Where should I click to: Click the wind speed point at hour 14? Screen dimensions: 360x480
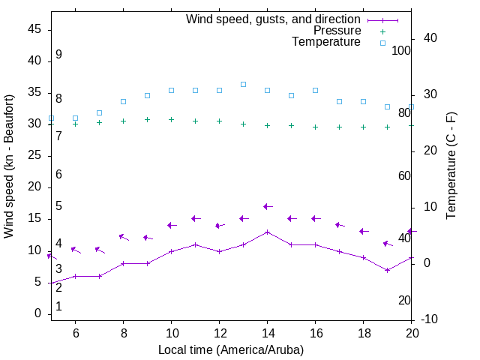267,232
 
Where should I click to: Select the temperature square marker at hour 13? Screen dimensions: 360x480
243,84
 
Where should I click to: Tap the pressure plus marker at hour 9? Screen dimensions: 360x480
147,119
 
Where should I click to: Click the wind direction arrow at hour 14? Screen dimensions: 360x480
267,206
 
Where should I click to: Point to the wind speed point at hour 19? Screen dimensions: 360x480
387,270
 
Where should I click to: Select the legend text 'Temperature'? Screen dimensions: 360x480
326,42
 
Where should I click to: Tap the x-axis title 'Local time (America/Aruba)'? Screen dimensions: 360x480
231,349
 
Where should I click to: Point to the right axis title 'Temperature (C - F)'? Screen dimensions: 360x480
451,166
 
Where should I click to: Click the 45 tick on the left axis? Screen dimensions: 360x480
34,28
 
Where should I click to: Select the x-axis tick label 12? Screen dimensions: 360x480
219,333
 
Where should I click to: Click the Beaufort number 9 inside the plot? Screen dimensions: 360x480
58,55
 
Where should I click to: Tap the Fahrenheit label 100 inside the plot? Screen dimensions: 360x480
401,50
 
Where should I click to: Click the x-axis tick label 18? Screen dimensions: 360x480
363,333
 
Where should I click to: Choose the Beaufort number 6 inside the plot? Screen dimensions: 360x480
58,174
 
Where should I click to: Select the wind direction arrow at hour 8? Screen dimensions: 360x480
123,237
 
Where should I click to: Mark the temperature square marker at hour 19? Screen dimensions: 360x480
387,106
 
